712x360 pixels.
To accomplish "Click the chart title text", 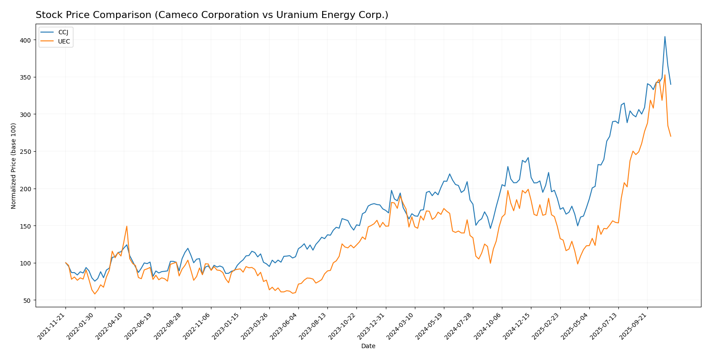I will (x=212, y=15).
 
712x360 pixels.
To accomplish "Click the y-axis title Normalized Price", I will (x=14, y=166).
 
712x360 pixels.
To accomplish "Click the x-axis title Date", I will (x=368, y=346).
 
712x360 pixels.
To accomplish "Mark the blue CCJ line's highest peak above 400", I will (x=665, y=36).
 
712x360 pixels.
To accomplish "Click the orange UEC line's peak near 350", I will (x=665, y=75).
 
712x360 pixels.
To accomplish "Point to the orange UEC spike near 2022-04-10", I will (x=127, y=226).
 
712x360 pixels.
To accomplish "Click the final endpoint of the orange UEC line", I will (x=671, y=136).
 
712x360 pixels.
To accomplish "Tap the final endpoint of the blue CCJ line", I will (x=671, y=84).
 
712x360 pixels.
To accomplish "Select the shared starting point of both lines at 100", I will (x=65, y=263).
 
